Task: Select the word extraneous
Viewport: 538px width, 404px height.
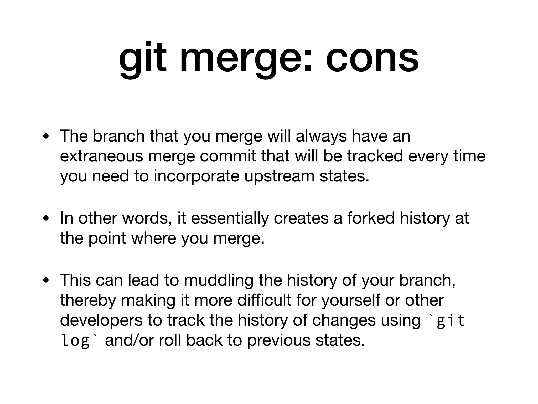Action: [x=101, y=156]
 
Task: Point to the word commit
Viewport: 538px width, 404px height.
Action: [x=228, y=156]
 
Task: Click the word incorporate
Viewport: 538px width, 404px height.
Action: [x=196, y=176]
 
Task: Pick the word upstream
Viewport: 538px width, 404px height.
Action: [x=279, y=176]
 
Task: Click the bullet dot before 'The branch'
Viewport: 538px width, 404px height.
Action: [x=46, y=137]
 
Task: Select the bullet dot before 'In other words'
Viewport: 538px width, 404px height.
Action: [x=46, y=219]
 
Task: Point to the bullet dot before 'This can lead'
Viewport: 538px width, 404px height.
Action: [x=46, y=281]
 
